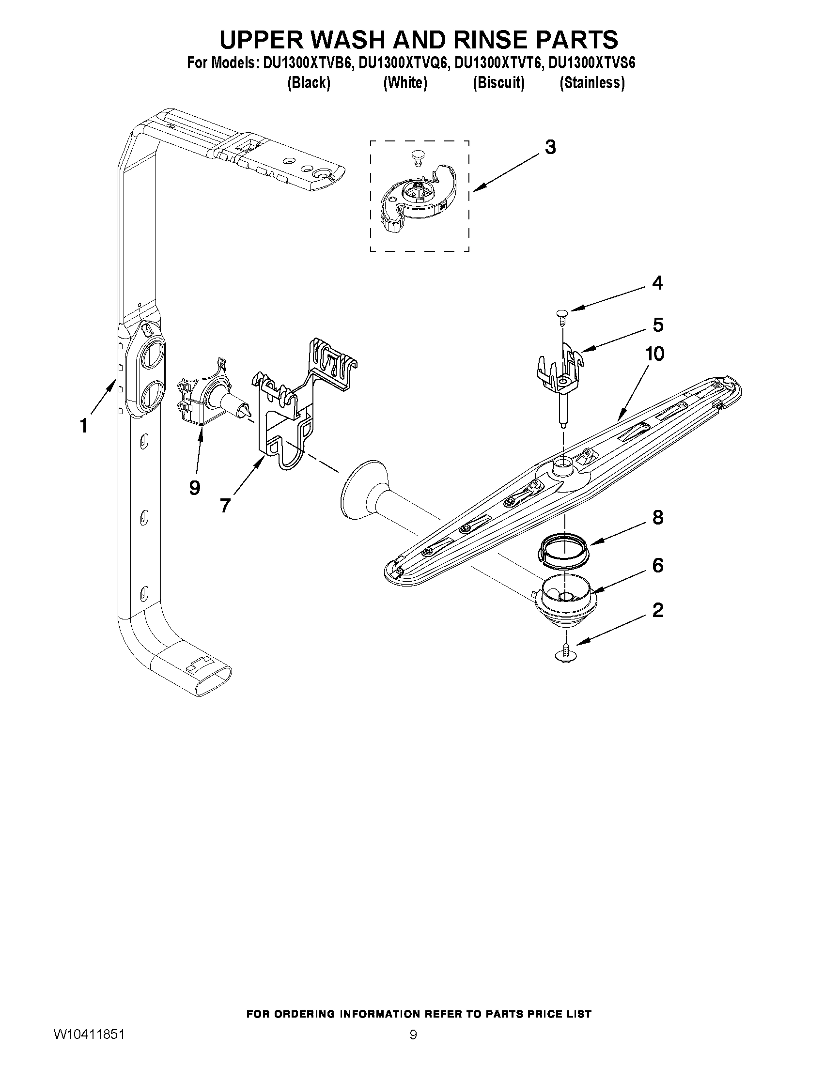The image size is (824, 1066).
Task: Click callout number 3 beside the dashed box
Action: (x=550, y=147)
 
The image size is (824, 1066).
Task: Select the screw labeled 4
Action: (x=562, y=315)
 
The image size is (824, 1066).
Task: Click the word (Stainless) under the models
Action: (x=591, y=83)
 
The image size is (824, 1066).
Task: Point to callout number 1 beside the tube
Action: (x=84, y=426)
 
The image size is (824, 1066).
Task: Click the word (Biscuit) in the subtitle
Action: (x=498, y=83)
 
